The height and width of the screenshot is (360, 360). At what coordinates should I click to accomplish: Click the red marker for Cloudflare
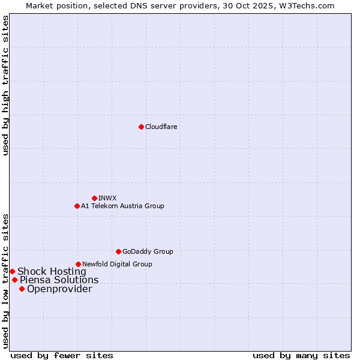pyautogui.click(x=141, y=127)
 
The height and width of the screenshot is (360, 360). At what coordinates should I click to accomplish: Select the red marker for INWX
pyautogui.click(x=94, y=198)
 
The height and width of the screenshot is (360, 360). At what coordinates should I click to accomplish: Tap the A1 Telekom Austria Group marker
pyautogui.click(x=77, y=206)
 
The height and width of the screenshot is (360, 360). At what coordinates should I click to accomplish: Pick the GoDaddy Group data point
pyautogui.click(x=118, y=251)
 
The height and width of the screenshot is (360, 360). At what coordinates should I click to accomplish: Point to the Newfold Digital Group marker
pyautogui.click(x=78, y=264)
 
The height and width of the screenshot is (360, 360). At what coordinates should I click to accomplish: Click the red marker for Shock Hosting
pyautogui.click(x=12, y=271)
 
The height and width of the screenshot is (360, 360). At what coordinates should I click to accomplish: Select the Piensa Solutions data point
pyautogui.click(x=14, y=280)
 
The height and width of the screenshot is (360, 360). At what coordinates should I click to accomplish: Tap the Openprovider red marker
pyautogui.click(x=22, y=289)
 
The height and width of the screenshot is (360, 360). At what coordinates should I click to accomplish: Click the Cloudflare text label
pyautogui.click(x=161, y=127)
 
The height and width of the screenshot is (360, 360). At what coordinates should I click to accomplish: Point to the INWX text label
pyautogui.click(x=107, y=198)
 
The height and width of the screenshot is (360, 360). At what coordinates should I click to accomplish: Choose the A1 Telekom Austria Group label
pyautogui.click(x=122, y=206)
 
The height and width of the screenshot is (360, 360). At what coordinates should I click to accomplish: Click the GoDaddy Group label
pyautogui.click(x=148, y=251)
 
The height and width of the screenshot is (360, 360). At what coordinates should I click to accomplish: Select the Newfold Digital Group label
pyautogui.click(x=117, y=264)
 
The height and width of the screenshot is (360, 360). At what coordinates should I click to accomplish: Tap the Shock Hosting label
pyautogui.click(x=52, y=271)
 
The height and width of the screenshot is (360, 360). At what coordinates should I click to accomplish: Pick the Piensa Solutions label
pyautogui.click(x=59, y=280)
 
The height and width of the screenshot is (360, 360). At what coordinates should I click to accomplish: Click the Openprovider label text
pyautogui.click(x=59, y=289)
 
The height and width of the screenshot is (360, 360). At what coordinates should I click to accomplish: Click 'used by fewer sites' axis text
pyautogui.click(x=62, y=355)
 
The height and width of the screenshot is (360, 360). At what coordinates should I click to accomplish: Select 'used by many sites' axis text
pyautogui.click(x=301, y=355)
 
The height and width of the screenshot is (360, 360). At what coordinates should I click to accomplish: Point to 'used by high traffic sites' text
pyautogui.click(x=5, y=86)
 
